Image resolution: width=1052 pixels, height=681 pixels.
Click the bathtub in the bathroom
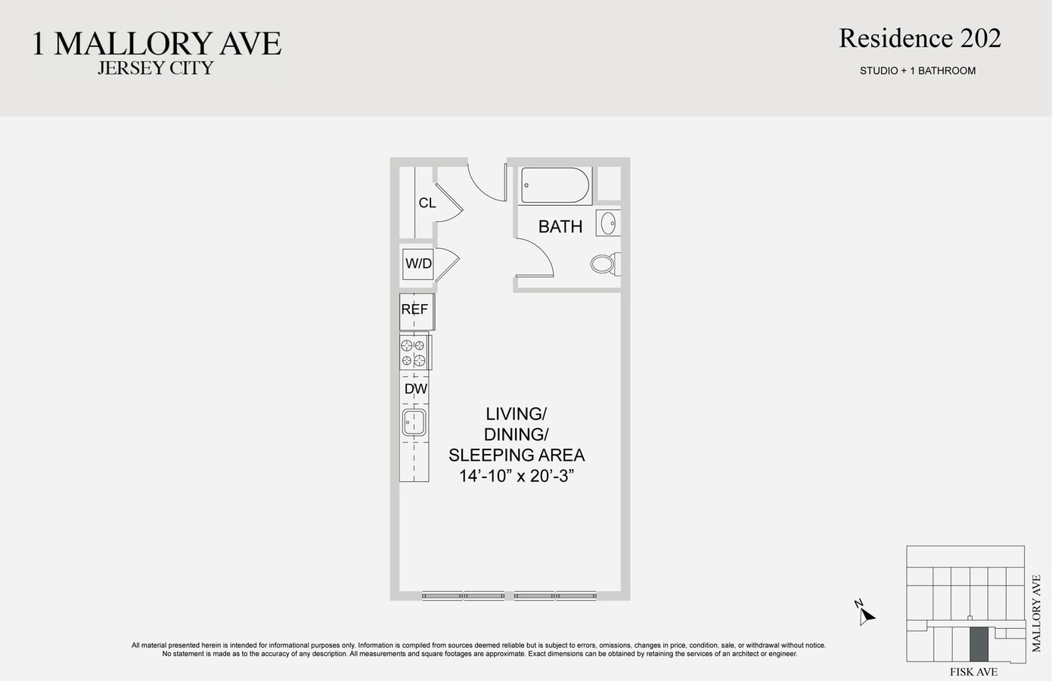(555, 185)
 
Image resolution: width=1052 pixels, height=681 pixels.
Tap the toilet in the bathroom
(604, 263)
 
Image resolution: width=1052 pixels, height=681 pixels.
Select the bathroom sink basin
(608, 223)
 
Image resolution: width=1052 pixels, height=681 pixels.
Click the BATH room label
(560, 226)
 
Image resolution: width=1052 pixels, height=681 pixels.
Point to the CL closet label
(427, 203)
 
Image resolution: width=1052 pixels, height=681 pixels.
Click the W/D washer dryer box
(418, 263)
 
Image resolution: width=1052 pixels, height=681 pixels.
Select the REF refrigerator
(415, 310)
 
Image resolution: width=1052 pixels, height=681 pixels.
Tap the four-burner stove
(413, 353)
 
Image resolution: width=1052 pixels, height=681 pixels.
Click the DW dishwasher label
(416, 389)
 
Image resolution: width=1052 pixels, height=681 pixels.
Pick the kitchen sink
(414, 422)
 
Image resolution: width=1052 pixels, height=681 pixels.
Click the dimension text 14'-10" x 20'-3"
(517, 476)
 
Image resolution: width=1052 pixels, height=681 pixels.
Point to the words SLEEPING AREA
(517, 456)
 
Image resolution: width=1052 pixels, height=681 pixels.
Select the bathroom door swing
(538, 258)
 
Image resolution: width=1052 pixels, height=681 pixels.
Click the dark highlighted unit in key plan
(979, 644)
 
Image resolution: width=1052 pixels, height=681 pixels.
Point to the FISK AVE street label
(973, 672)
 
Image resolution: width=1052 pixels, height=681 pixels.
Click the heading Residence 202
(920, 39)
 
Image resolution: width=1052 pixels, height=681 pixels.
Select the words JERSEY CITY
(156, 68)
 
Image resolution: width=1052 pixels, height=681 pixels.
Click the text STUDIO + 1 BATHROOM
(917, 70)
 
